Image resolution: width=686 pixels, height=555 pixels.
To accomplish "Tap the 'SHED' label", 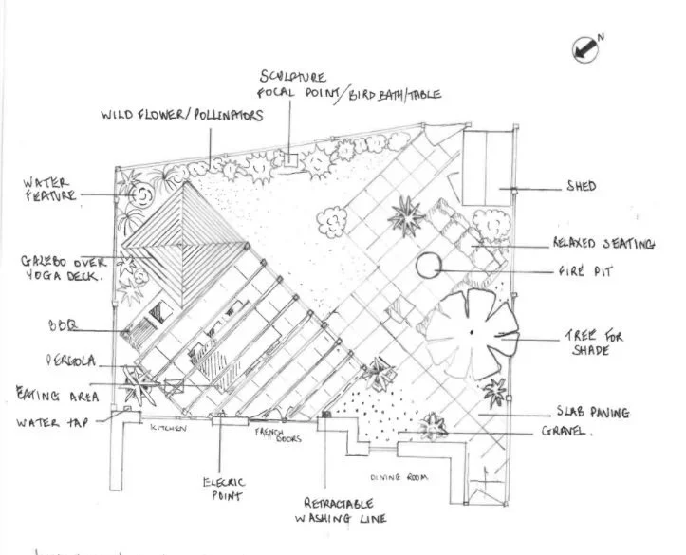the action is (581, 187).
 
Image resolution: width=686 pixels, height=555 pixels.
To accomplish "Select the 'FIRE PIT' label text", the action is (584, 271).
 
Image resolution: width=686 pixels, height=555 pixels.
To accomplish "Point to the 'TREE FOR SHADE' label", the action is (589, 343).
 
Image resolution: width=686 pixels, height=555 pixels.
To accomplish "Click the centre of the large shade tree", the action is (471, 331).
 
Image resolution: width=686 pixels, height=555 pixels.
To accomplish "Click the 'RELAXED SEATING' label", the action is (603, 244).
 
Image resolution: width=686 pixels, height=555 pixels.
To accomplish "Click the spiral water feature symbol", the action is (141, 196).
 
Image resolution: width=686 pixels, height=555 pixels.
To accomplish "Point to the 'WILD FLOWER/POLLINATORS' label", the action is (181, 116).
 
